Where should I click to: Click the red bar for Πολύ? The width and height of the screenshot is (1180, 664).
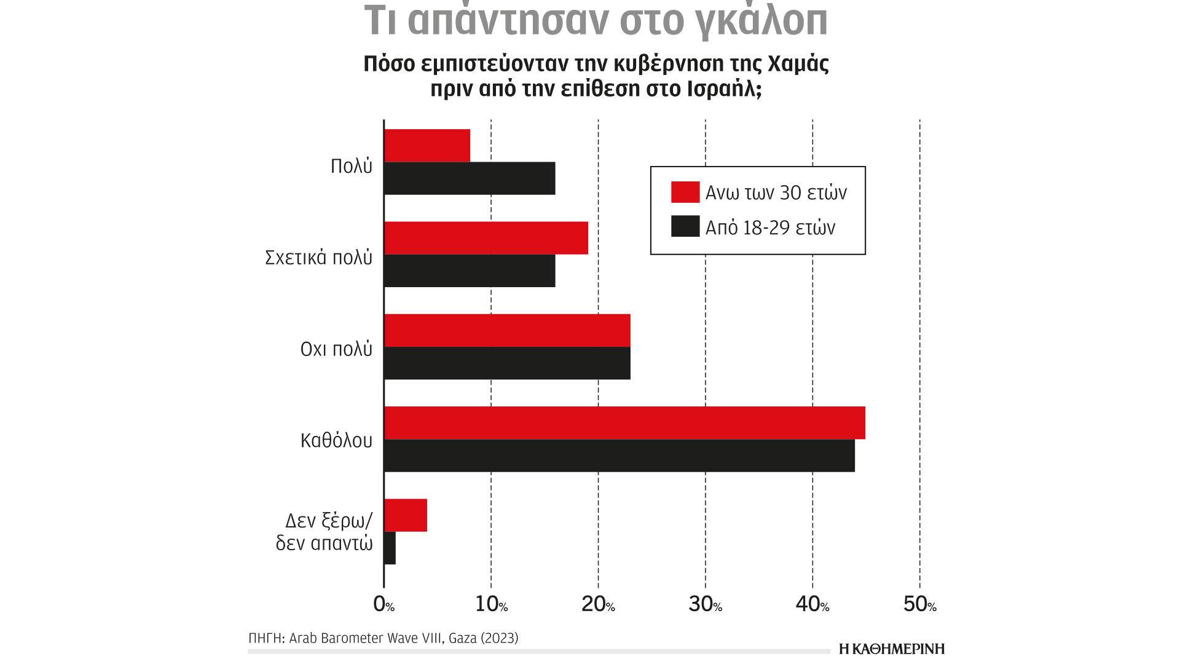[427, 146]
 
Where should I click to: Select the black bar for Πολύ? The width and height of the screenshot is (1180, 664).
[470, 178]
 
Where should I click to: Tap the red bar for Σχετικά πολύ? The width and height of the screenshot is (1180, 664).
[486, 238]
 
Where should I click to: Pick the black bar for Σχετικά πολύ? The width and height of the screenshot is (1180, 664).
[470, 271]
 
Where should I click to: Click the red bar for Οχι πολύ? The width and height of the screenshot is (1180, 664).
[507, 331]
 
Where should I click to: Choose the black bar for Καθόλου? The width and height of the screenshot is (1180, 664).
[619, 456]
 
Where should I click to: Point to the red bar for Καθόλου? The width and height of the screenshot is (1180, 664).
[624, 423]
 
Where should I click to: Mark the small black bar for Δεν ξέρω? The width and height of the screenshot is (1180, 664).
[390, 548]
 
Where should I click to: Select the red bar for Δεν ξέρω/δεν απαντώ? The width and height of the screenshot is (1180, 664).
[406, 515]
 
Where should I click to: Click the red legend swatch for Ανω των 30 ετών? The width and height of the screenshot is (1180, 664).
[685, 192]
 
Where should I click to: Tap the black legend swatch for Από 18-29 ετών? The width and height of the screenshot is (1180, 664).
[685, 226]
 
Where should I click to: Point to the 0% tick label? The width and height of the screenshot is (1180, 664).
[384, 604]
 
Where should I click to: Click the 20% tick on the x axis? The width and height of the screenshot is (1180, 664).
[598, 604]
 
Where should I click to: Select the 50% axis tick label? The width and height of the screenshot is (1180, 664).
[919, 604]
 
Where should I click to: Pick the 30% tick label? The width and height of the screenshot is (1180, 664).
[705, 604]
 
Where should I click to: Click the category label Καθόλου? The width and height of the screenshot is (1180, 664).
[336, 440]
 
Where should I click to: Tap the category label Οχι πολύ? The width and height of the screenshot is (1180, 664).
[336, 349]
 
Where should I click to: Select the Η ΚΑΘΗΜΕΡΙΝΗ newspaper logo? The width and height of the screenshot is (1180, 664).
[891, 649]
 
